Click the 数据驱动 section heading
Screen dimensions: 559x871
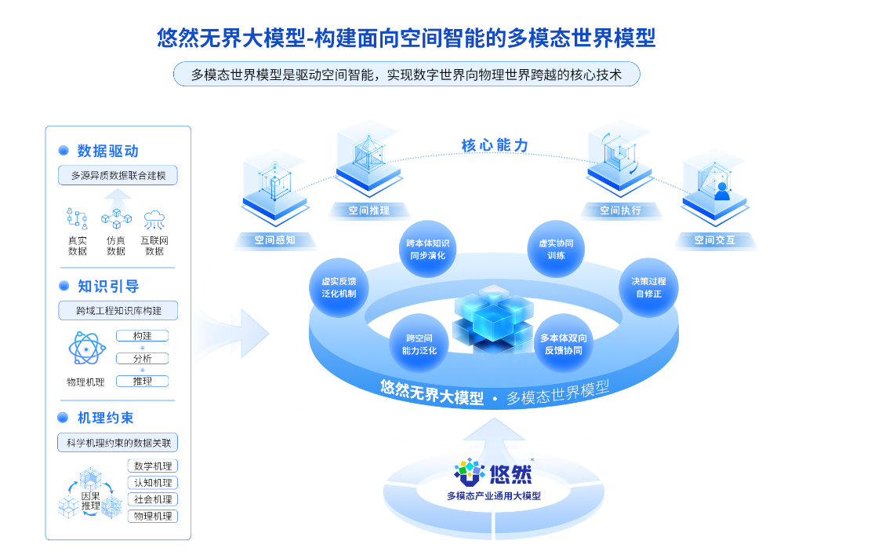[x=107, y=151]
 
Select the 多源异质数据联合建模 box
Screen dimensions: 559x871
[x=118, y=175]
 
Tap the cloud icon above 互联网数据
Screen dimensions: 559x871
[x=154, y=219]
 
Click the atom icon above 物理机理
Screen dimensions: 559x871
[x=85, y=349]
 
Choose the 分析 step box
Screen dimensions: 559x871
[x=142, y=358]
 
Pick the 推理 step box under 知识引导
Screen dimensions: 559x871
[x=142, y=381]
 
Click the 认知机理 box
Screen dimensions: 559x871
[x=153, y=483]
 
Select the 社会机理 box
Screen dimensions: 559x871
[x=153, y=499]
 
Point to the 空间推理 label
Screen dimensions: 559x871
[x=368, y=210]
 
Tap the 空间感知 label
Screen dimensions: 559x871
[x=274, y=240]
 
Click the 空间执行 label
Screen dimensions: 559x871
[x=620, y=210]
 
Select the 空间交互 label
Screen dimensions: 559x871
[x=714, y=240]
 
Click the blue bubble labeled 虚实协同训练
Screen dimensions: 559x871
[x=556, y=249]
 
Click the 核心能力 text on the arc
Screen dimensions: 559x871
[x=495, y=145]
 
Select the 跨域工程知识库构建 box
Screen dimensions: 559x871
[x=118, y=311]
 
